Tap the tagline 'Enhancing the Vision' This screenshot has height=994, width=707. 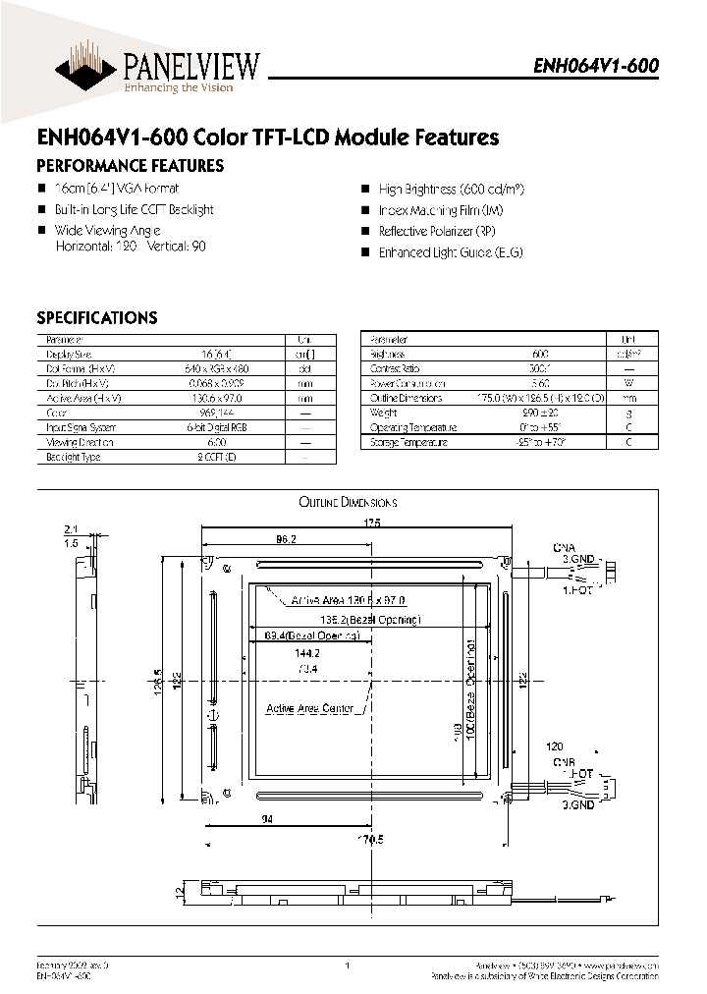coord(178,88)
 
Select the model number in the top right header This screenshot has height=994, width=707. coord(595,66)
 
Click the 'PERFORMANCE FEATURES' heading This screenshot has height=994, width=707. coord(130,166)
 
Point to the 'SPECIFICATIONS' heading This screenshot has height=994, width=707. coord(96,317)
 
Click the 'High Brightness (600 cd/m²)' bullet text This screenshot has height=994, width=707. coord(450,189)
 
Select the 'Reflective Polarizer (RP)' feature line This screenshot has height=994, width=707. coord(437,231)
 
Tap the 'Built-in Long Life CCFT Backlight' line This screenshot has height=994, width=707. coord(134,209)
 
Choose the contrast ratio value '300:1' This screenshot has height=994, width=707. coord(539,368)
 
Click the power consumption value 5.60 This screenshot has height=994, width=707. coord(539,383)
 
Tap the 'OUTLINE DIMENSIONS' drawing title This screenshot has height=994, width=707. coord(348,502)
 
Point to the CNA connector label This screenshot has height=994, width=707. coord(565,547)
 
